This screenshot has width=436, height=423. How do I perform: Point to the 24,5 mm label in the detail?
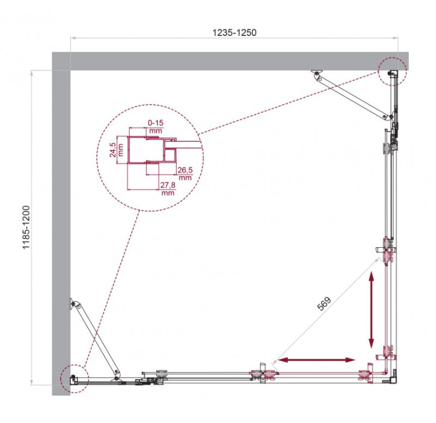point(114,150)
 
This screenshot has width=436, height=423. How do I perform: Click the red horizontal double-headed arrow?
point(317,361)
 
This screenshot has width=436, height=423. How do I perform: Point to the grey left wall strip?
point(61,233)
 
